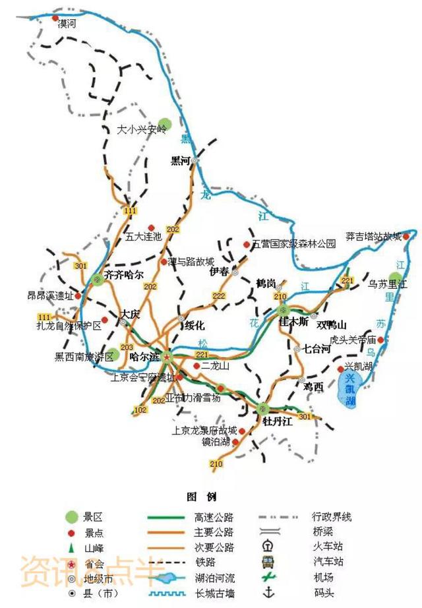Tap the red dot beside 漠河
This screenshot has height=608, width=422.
(56, 19)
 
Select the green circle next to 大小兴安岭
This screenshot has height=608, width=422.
(165, 123)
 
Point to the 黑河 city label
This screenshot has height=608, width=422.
(180, 160)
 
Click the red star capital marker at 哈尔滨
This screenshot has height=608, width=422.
(167, 357)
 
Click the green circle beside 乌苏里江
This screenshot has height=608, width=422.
(395, 278)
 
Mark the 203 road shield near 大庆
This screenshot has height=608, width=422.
(127, 348)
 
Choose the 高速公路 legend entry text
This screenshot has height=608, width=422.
(214, 518)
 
